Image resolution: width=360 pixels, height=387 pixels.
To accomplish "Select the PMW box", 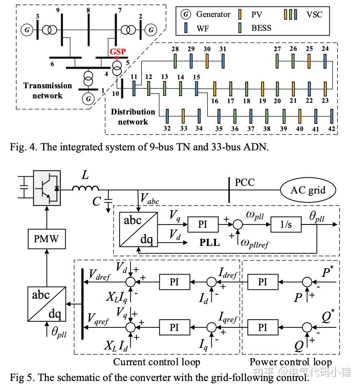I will click(x=47, y=238).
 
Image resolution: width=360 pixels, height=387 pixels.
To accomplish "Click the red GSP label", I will click(x=118, y=52).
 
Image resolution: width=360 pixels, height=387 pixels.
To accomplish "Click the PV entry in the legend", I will click(x=257, y=15).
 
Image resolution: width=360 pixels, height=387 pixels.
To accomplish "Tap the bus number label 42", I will click(x=331, y=129).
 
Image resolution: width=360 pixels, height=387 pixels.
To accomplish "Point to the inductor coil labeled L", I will click(x=85, y=188).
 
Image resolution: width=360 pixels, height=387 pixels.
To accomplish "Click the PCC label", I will click(x=245, y=182).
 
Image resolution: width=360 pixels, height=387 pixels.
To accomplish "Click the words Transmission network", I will click(x=48, y=90).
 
